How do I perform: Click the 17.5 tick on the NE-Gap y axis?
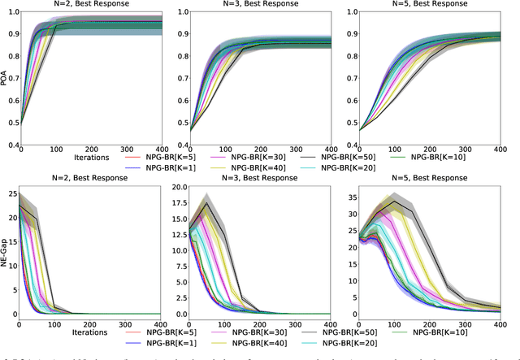pos(181,203)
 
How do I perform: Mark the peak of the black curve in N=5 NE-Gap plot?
pos(416,201)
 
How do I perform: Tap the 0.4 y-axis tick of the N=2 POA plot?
pos(13,145)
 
